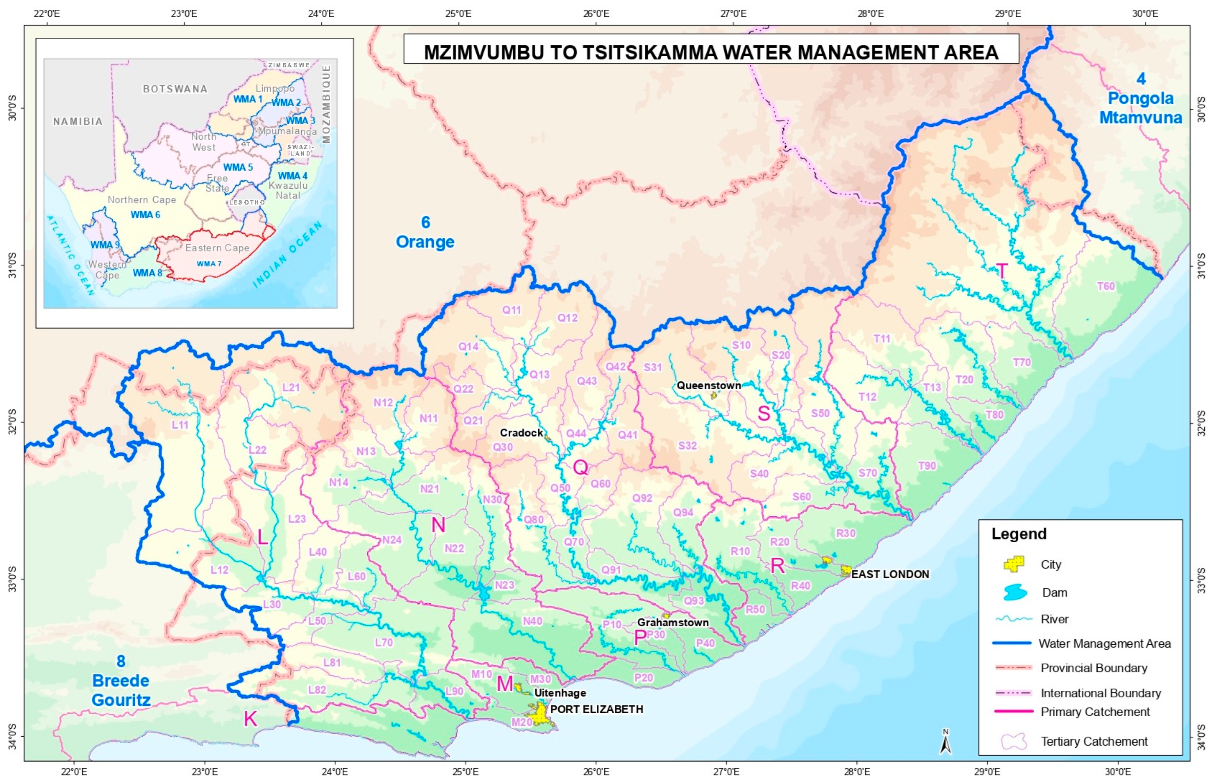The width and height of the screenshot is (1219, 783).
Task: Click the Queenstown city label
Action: (x=708, y=386)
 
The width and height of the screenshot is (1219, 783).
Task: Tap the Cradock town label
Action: (x=521, y=433)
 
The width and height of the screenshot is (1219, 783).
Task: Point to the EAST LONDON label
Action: (x=890, y=574)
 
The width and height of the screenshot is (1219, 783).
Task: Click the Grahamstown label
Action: (x=673, y=622)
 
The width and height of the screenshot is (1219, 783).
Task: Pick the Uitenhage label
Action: (x=560, y=693)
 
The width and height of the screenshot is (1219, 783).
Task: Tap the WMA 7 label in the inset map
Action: (x=209, y=264)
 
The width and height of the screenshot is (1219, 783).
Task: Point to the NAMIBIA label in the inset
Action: (x=78, y=121)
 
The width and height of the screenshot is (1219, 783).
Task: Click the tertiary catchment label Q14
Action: (x=468, y=347)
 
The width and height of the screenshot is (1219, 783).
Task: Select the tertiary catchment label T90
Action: (x=926, y=466)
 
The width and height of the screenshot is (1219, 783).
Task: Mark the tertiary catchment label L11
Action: (x=180, y=425)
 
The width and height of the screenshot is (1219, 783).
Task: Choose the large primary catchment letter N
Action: (x=438, y=525)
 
